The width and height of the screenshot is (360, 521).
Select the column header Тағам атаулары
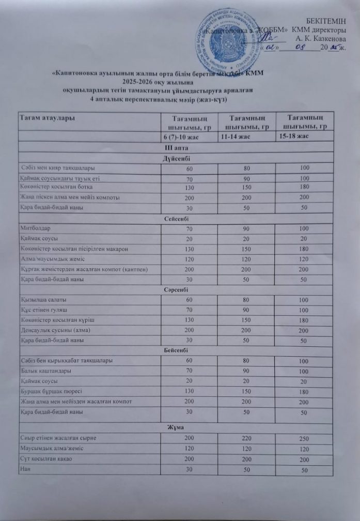point(46,120)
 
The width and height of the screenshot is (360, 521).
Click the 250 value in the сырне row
point(304,439)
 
